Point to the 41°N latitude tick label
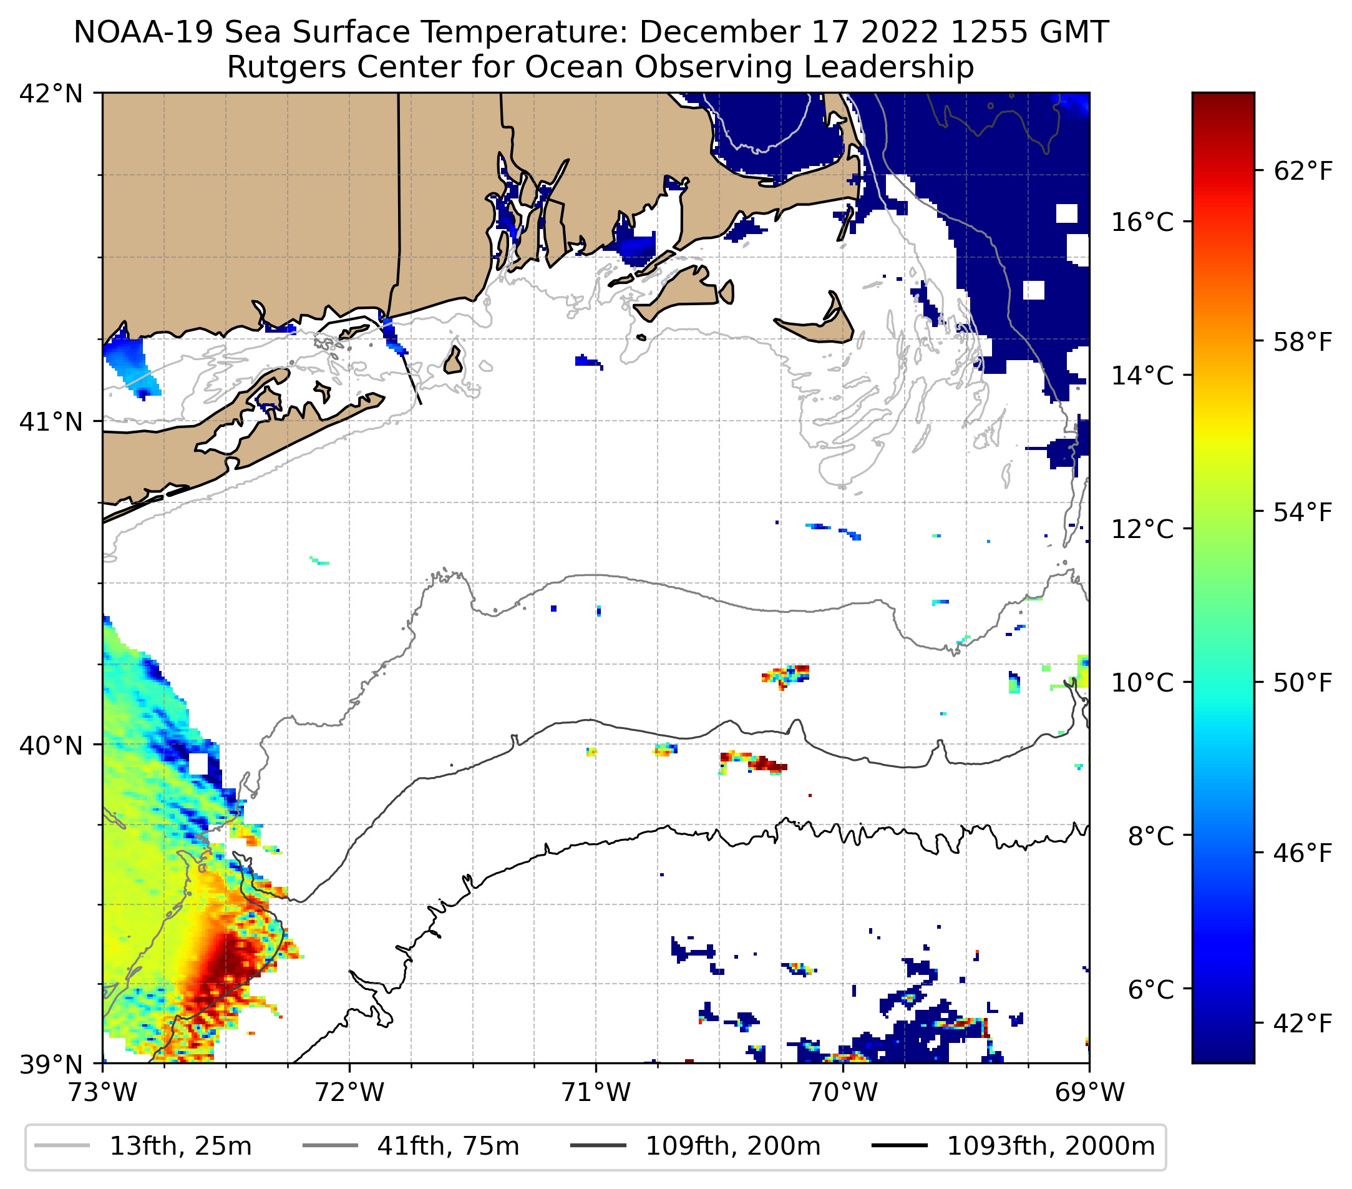click(51, 421)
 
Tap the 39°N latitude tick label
click(51, 1065)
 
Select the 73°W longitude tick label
click(102, 1092)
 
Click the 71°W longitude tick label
click(596, 1092)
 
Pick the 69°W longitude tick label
click(1089, 1092)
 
